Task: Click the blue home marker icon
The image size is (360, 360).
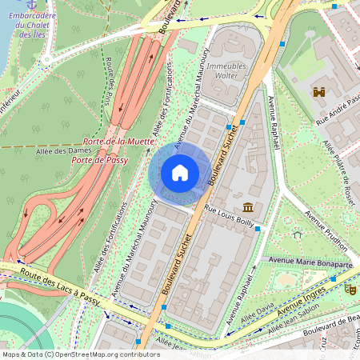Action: pyautogui.click(x=180, y=173)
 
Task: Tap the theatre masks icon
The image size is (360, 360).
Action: pyautogui.click(x=350, y=289)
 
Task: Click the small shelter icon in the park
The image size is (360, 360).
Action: pyautogui.click(x=297, y=235)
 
